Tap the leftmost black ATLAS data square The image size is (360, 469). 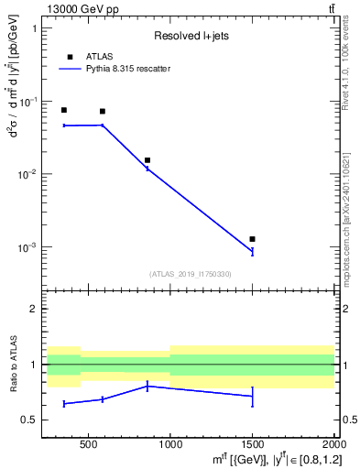click(63, 110)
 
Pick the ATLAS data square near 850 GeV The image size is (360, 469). click(147, 160)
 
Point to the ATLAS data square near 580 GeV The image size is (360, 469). click(102, 112)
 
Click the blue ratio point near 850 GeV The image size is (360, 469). click(147, 386)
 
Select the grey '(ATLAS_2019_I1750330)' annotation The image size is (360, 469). click(191, 274)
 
